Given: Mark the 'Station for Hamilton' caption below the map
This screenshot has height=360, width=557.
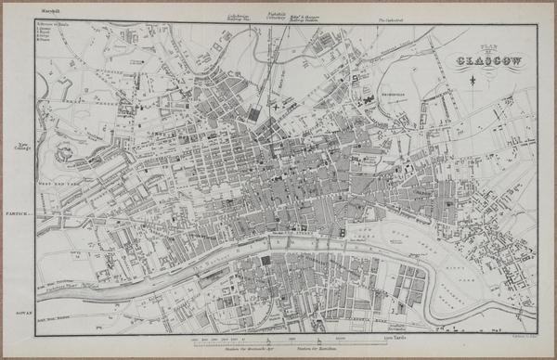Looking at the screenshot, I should tap(314, 347).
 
